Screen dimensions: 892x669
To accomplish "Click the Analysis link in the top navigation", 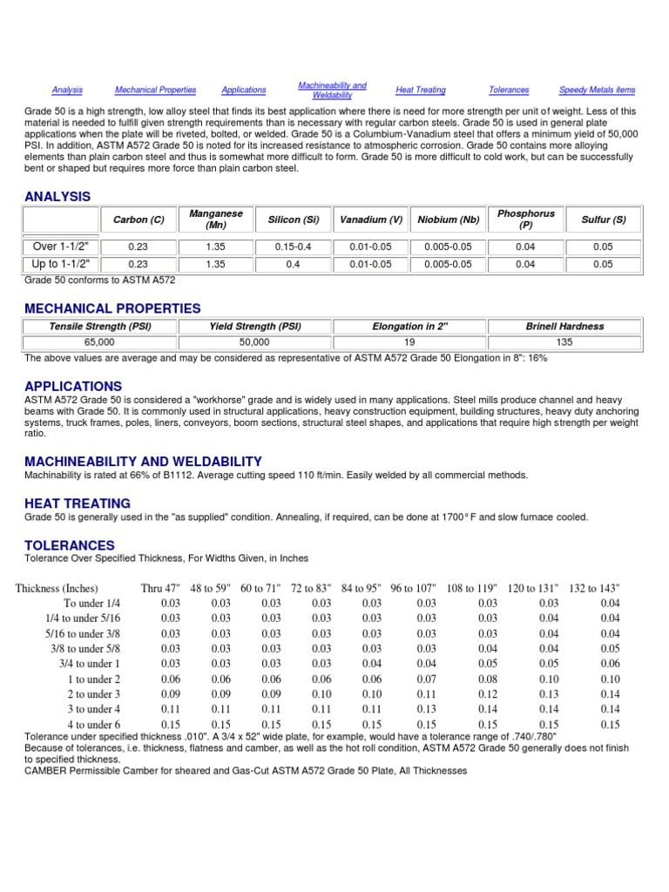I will [67, 90].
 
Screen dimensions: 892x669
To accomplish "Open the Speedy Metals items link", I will [597, 90].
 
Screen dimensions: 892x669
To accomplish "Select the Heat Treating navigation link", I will [420, 90].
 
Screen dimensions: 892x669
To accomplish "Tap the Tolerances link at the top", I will [509, 90].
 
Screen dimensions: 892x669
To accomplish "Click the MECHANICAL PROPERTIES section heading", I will [112, 308].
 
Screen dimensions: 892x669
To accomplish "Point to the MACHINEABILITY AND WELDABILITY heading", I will [143, 461].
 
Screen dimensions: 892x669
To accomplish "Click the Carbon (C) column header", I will [138, 220].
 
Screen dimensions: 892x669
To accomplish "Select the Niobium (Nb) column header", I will [449, 220].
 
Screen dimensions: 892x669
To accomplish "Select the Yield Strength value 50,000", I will [254, 342].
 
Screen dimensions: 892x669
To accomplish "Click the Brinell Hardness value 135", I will [564, 342].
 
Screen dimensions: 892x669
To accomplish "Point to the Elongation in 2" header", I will [409, 327].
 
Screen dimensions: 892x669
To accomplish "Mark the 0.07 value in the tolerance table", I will [426, 679].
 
